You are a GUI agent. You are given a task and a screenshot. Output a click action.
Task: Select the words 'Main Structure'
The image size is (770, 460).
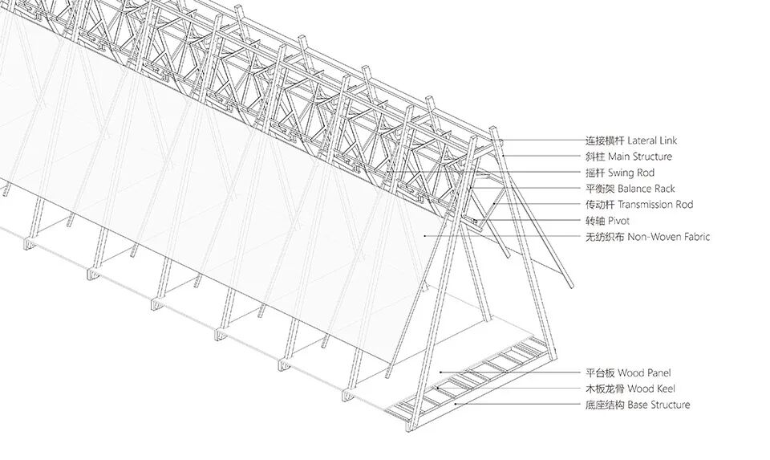tap(640, 157)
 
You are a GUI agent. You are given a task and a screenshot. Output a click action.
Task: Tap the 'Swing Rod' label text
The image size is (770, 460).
tap(631, 173)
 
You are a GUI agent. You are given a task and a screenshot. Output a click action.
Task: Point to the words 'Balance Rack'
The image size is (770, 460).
tap(646, 189)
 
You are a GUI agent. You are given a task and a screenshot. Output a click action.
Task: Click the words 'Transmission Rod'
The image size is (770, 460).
tap(655, 205)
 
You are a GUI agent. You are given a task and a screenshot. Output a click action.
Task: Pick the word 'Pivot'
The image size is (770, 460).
tap(618, 221)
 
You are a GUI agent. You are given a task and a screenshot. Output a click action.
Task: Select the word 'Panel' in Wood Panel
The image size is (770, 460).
tap(658, 373)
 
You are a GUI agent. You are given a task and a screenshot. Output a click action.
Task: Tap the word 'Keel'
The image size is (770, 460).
tap(665, 389)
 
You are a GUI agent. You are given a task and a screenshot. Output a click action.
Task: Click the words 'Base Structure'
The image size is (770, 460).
tap(659, 405)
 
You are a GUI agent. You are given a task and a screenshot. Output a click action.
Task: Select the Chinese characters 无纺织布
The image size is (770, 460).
tap(605, 237)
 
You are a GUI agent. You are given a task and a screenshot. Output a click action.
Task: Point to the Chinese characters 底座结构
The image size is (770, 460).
tap(605, 405)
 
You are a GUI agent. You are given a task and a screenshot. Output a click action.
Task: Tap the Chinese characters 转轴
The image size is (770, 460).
tap(595, 221)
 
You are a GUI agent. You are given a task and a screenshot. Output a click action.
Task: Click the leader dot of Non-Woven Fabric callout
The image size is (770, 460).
tap(425, 236)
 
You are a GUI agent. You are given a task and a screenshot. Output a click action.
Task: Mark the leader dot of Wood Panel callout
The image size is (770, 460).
tap(440, 372)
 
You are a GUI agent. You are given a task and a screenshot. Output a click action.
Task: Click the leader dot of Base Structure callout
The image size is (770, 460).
tap(456, 404)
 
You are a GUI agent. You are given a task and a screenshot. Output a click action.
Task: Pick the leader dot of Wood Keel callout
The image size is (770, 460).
tap(436, 389)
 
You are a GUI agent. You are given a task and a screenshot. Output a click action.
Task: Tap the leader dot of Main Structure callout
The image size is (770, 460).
tap(504, 157)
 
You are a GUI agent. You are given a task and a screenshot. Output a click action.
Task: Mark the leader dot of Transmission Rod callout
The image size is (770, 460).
tap(495, 203)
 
